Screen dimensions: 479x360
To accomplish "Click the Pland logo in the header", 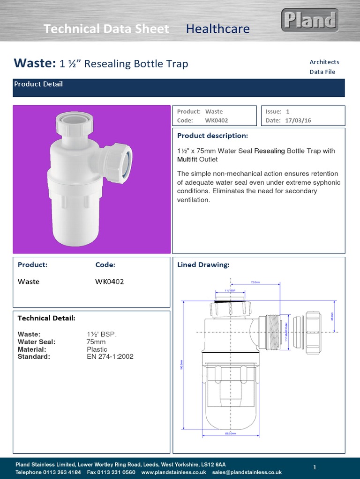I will pos(310,20).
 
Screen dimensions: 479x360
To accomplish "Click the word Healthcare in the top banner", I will pos(217,29).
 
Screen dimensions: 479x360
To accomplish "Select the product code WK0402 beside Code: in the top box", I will pos(216,120).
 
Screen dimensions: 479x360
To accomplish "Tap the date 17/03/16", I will pos(298,120).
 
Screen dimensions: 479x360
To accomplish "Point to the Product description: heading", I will pos(212,136).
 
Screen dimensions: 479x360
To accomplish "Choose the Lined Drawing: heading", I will pos(203,265).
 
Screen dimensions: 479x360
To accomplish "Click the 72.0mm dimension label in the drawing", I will pos(255,283).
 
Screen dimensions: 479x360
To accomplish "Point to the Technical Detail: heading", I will pos(46,318).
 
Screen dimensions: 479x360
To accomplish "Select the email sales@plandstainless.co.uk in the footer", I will pos(247,472).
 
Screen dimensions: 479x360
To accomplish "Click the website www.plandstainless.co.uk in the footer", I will pos(173,472).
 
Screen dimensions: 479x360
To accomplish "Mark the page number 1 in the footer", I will pos(315,467).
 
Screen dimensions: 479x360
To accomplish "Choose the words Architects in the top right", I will pos(324,62).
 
